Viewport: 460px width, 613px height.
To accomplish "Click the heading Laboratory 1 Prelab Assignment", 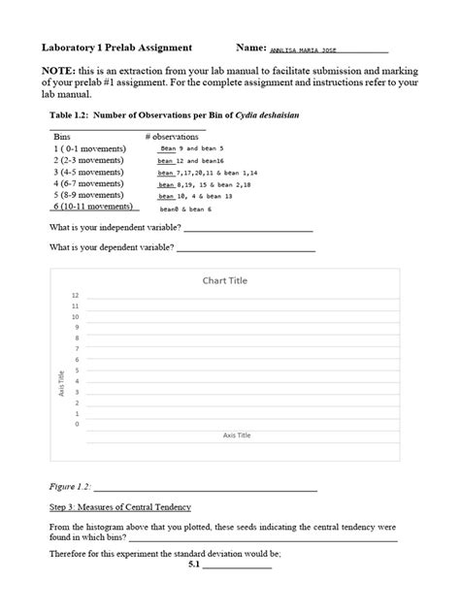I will pos(116,47).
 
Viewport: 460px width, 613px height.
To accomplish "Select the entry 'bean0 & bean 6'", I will pos(185,209).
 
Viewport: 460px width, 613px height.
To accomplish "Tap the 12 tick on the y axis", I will pos(75,295).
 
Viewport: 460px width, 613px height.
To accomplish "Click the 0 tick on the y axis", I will pos(77,424).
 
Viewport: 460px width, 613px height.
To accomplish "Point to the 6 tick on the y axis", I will pos(77,359).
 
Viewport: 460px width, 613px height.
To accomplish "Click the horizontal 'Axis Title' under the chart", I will pos(236,436).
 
